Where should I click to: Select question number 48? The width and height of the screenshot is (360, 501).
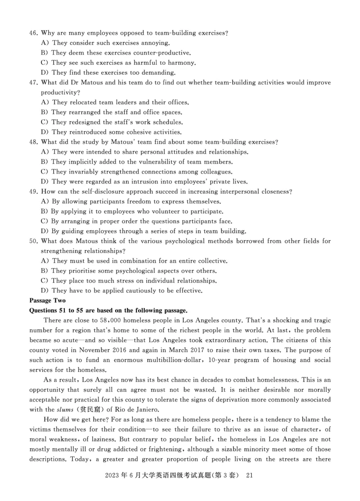[x=33, y=142]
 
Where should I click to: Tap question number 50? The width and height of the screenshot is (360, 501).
[x=33, y=241]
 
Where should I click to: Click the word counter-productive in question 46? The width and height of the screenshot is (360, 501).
[x=159, y=53]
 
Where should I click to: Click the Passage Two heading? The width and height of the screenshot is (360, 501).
[x=47, y=300]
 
